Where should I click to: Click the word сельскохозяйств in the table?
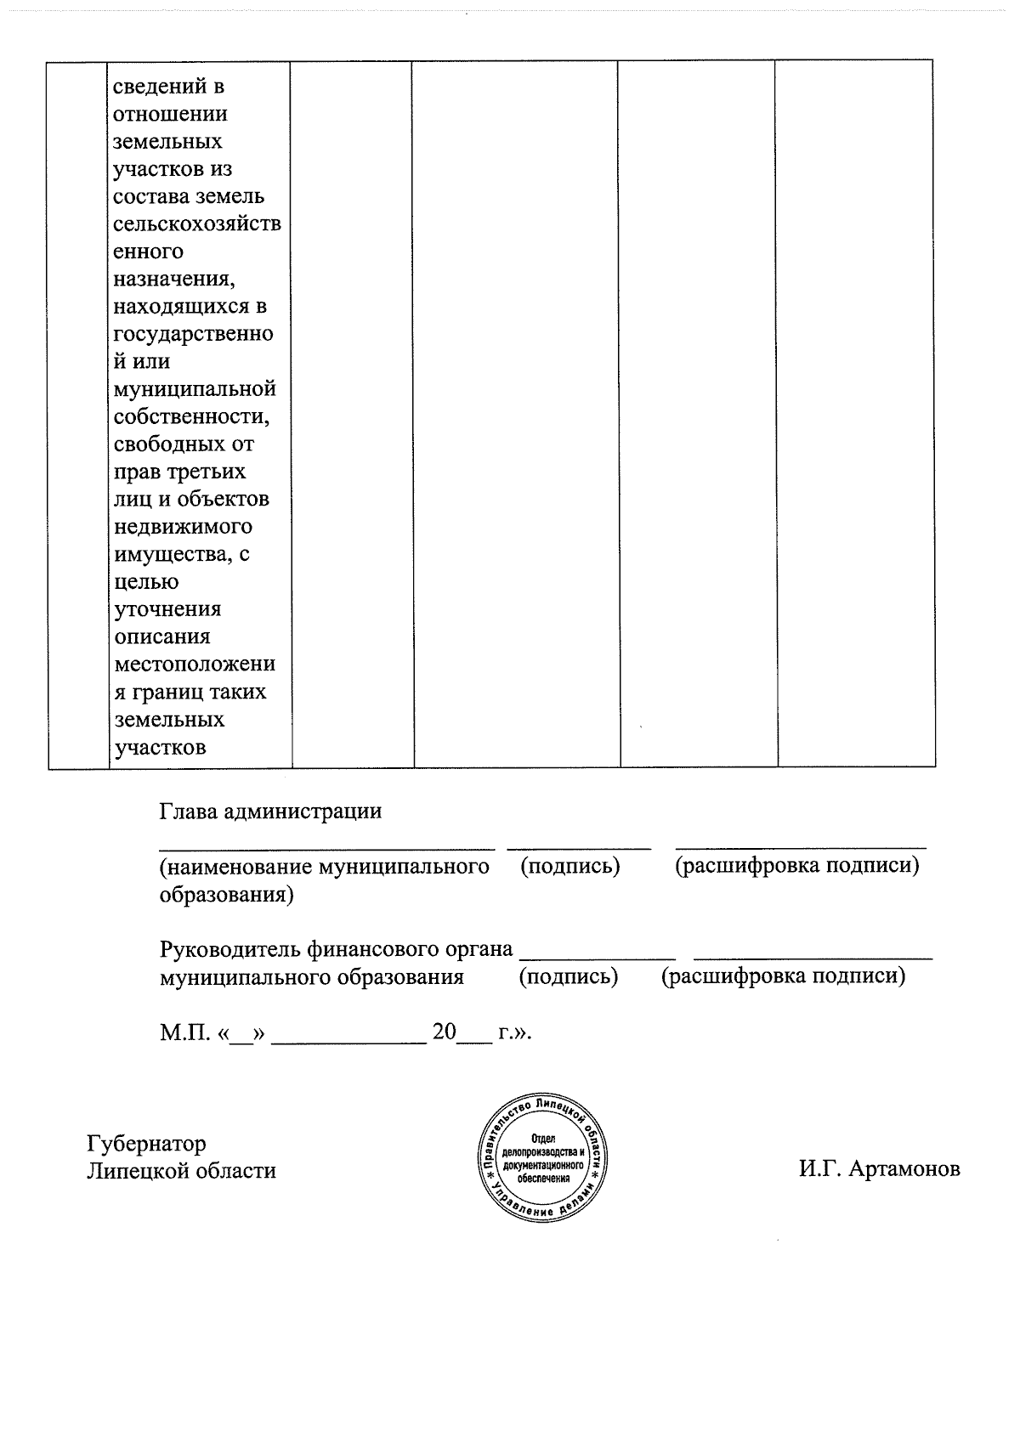pos(197,224)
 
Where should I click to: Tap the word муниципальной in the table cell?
pos(195,389)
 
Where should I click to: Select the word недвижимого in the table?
pos(183,527)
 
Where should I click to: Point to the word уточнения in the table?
pos(167,609)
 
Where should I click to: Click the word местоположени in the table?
pos(195,664)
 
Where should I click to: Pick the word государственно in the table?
pos(193,334)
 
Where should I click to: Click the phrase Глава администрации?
pos(270,811)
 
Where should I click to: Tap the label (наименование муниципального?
pos(324,867)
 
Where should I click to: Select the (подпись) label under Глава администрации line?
pos(569,867)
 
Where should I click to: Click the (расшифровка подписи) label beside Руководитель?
pos(783,976)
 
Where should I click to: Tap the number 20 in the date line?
pos(444,1032)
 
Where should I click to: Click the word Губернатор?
pos(146,1143)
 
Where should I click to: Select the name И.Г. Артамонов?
pos(879,1170)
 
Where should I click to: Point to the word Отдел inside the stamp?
pos(542,1138)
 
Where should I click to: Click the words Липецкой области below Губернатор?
pos(181,1171)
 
